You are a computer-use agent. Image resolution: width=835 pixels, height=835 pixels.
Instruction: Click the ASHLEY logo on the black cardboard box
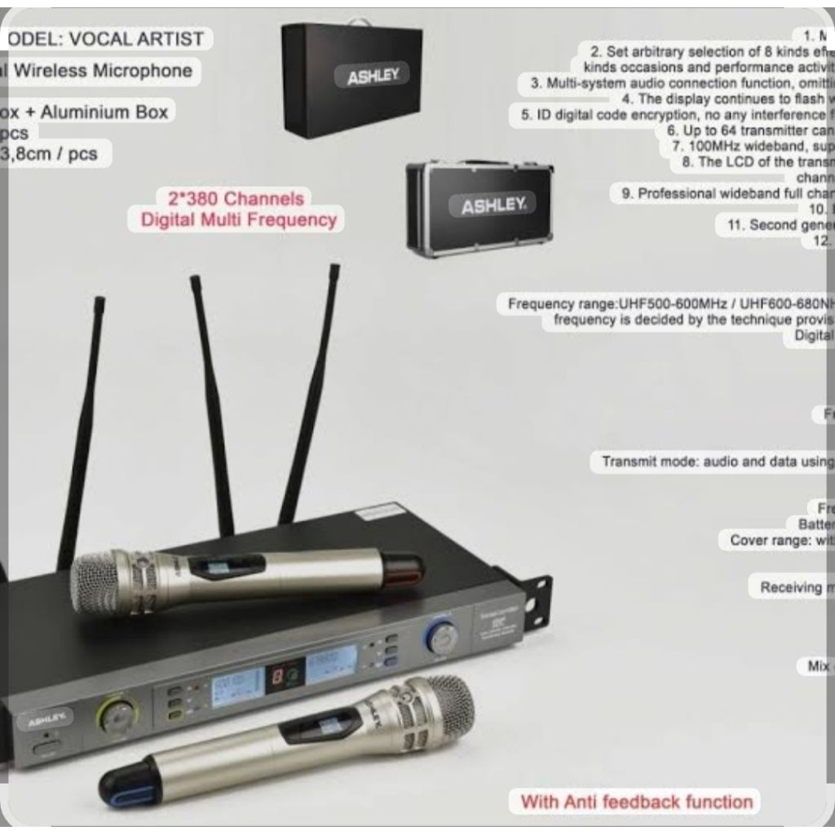pos(373,76)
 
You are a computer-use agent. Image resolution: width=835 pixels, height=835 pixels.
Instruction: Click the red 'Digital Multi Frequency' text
pos(238,219)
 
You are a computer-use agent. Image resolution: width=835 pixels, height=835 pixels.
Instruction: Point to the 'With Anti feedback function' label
pos(636,801)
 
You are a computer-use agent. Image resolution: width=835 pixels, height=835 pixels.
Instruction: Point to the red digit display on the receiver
pos(276,675)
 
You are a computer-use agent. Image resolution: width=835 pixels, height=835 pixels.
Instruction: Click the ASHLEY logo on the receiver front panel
pos(49,720)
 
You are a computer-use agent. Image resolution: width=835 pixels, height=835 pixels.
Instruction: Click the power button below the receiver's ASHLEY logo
pos(48,746)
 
